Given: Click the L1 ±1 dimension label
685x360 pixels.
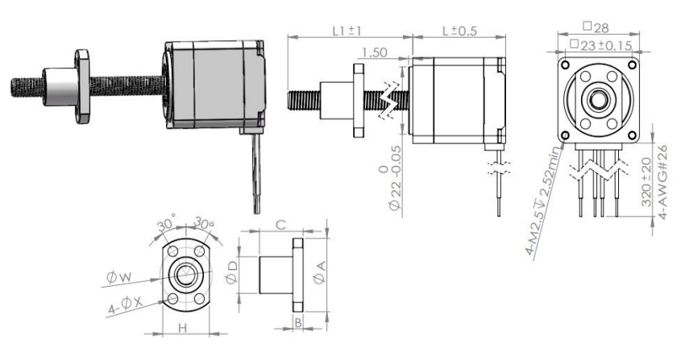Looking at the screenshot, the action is (347, 31).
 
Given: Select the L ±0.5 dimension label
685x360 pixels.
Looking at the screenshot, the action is (459, 31).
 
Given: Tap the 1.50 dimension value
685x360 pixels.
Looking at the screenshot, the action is (375, 52).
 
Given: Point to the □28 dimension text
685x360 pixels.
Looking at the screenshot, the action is (596, 27).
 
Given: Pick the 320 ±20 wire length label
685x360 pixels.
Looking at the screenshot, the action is (647, 182).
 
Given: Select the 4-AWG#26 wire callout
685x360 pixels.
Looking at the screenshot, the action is (662, 182).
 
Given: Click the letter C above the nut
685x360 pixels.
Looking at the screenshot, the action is (281, 225).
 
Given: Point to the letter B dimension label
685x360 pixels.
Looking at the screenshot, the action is (298, 323).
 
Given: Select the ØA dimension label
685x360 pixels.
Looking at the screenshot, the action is (320, 272).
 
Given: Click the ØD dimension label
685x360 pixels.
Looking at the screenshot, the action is (232, 272).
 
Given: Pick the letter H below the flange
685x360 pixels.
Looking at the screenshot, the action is (183, 328).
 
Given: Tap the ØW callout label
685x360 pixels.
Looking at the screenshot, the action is (118, 277).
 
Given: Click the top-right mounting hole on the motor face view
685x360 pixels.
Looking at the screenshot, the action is (632, 65).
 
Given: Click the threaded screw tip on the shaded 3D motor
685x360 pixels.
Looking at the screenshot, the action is (14, 87).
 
